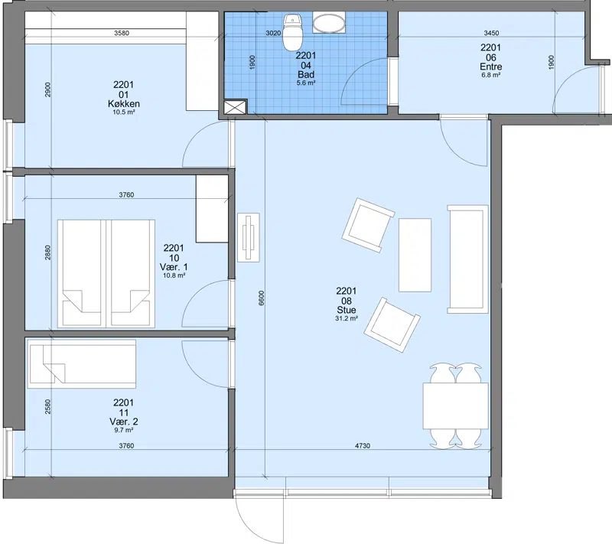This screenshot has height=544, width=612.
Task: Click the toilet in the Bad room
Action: (293, 32)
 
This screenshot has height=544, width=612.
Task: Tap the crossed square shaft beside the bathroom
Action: (236, 107)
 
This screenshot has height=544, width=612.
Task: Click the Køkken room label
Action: (124, 104)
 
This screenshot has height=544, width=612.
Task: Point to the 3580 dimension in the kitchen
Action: (122, 33)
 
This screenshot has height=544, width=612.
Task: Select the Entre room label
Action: (490, 67)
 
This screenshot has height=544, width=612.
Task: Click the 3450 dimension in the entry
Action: (491, 33)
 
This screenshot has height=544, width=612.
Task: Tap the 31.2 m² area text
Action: (347, 318)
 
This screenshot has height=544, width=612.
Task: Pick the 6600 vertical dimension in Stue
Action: (261, 298)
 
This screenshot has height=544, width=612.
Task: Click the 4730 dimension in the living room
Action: (362, 445)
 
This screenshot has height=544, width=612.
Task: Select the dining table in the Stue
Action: (455, 406)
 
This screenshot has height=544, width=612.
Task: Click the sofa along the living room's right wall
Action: (467, 259)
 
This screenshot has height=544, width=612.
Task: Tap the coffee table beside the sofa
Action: (415, 255)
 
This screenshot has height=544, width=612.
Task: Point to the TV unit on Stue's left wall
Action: (249, 237)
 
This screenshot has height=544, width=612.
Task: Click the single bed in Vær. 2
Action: (82, 363)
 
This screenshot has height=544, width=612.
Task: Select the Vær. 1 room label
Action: (174, 267)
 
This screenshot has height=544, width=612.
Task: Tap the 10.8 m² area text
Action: (174, 275)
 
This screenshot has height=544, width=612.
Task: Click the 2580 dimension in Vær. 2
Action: (47, 406)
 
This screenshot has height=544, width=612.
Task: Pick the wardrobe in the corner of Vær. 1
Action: (212, 209)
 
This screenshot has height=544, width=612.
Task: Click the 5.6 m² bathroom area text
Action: (306, 83)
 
